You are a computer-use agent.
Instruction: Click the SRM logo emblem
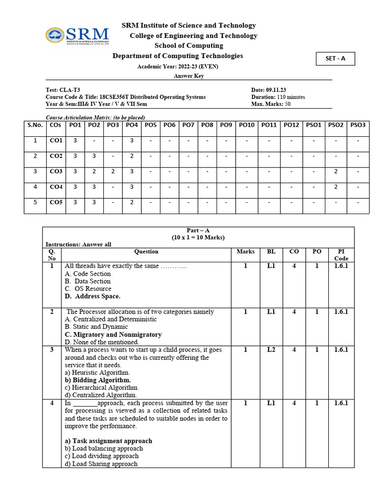click(56, 35)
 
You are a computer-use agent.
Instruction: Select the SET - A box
click(335, 59)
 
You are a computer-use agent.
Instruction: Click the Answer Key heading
click(189, 76)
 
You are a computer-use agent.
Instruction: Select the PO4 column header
click(131, 125)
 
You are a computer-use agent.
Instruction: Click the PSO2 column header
click(335, 125)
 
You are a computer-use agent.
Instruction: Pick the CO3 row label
click(56, 171)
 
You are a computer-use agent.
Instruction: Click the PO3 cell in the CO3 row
click(113, 171)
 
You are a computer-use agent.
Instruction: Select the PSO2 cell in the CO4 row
click(335, 187)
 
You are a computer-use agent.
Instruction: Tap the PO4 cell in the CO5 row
click(131, 202)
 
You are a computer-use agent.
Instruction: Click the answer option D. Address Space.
click(93, 296)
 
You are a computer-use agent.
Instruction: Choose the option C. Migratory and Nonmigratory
click(113, 334)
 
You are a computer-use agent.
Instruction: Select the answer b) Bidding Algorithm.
click(97, 380)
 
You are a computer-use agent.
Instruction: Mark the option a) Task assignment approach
click(108, 441)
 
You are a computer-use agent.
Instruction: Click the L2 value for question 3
click(271, 350)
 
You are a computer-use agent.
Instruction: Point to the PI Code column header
click(341, 255)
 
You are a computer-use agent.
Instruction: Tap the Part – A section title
click(198, 230)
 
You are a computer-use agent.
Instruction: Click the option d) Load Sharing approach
click(101, 464)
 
